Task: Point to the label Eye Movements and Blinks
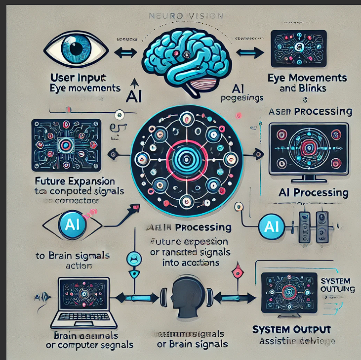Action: click(307, 83)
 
